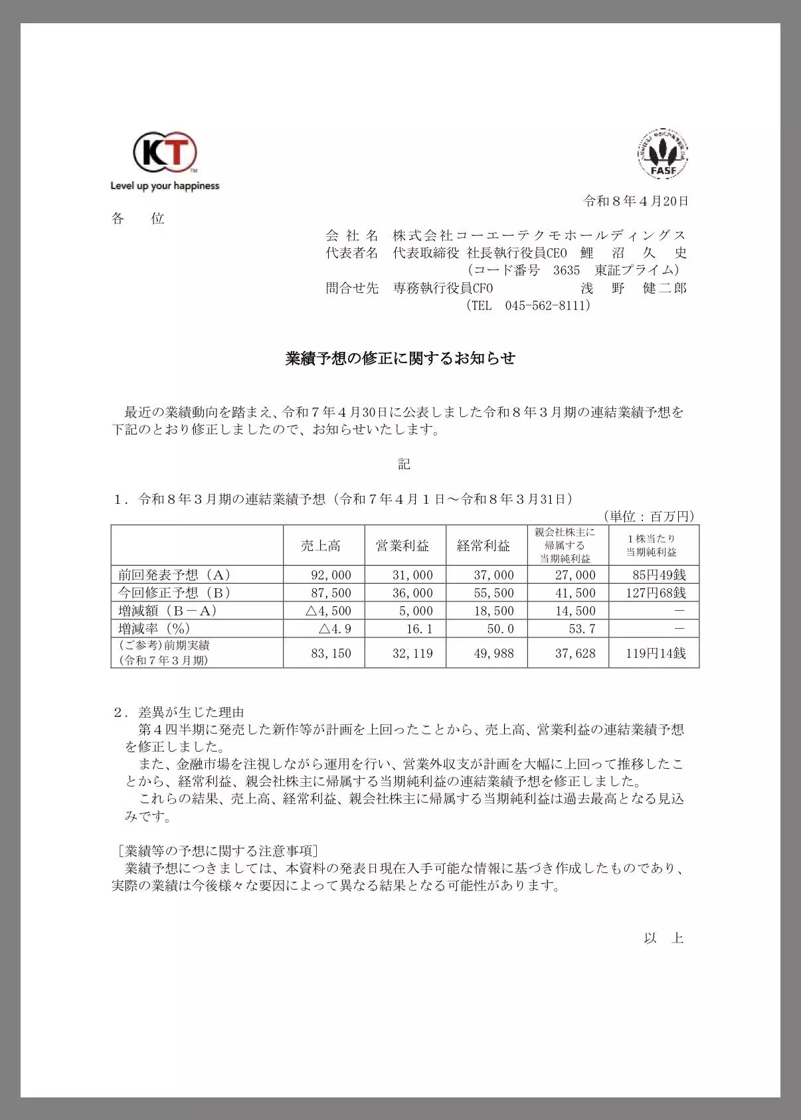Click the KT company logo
pyautogui.click(x=165, y=153)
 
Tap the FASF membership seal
pyautogui.click(x=663, y=155)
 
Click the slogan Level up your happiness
pyautogui.click(x=165, y=186)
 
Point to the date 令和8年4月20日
pyautogui.click(x=636, y=200)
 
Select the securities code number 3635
pyautogui.click(x=567, y=270)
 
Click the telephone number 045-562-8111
pyautogui.click(x=547, y=305)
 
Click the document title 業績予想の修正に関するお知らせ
pyautogui.click(x=400, y=359)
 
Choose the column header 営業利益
pyautogui.click(x=402, y=546)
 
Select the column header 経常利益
pyautogui.click(x=484, y=546)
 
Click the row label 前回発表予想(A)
pyautogui.click(x=174, y=575)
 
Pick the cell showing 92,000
pyautogui.click(x=331, y=575)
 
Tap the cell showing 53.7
pyautogui.click(x=582, y=629)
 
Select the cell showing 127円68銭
pyautogui.click(x=656, y=593)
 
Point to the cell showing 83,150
pyautogui.click(x=331, y=653)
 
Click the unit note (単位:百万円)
pyautogui.click(x=648, y=517)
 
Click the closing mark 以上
pyautogui.click(x=664, y=938)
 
